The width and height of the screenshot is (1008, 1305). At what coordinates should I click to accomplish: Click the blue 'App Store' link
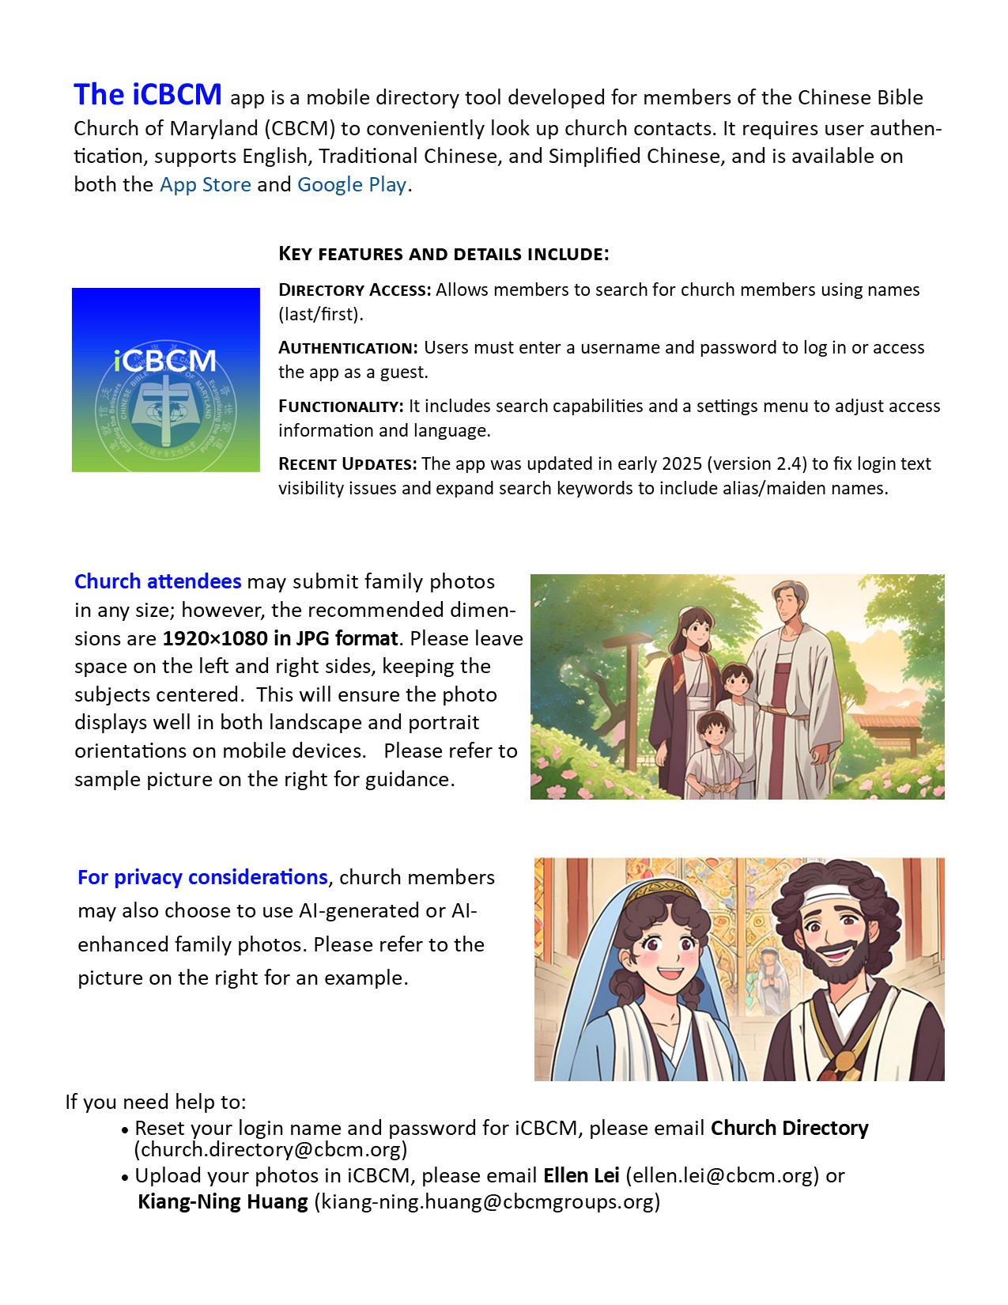205,185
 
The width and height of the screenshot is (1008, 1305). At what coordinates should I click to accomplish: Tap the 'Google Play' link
352,185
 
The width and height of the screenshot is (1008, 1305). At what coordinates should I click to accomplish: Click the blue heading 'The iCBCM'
148,95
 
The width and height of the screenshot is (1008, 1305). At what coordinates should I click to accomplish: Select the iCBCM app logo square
166,380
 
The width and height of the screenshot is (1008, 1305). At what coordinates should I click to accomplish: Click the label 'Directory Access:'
355,290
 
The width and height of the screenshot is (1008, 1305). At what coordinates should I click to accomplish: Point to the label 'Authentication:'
348,348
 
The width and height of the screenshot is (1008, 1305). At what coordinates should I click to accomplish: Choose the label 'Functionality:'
341,407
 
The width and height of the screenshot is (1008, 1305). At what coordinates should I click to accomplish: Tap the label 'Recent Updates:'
347,464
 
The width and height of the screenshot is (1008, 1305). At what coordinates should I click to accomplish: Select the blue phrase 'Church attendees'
157,581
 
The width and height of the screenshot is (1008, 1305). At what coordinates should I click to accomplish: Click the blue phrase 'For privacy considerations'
202,877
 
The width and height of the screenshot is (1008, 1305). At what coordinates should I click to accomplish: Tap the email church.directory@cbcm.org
270,1149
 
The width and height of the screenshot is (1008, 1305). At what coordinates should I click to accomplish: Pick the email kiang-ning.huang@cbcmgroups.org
487,1202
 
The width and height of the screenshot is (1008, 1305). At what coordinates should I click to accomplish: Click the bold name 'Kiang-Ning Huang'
223,1202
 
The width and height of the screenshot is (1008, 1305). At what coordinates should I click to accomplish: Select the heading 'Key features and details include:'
444,254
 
